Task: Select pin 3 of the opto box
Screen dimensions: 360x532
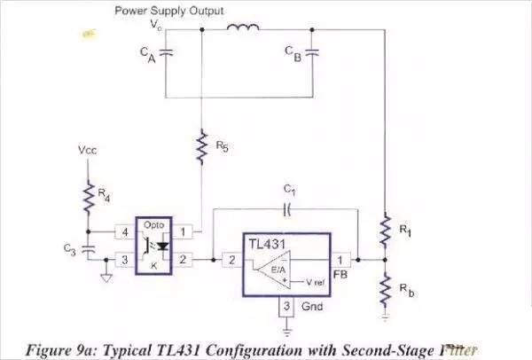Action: pyautogui.click(x=124, y=261)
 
